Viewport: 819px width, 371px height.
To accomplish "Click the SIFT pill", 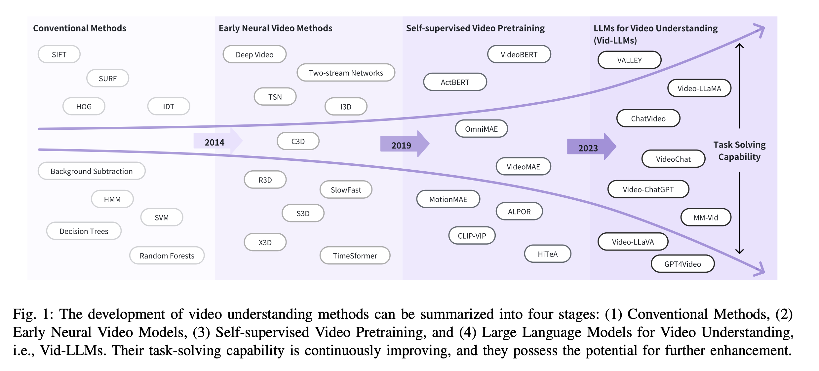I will [59, 54].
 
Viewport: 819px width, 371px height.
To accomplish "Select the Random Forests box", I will [167, 255].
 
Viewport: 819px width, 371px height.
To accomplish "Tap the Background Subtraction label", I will [92, 171].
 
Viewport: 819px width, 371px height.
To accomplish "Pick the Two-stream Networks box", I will [346, 73].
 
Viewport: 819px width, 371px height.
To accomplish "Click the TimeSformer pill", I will [355, 255].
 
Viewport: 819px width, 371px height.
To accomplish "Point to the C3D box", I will [298, 141].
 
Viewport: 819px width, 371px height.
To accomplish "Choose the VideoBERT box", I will [519, 54].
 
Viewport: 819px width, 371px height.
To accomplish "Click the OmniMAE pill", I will [481, 129].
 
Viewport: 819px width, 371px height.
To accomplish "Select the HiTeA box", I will [547, 254].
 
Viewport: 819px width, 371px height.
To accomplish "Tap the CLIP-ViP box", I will [472, 236].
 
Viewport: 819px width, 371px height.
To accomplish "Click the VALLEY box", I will [629, 60].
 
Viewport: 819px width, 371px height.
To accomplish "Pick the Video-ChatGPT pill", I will [648, 189].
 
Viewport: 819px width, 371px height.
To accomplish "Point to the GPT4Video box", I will [682, 264].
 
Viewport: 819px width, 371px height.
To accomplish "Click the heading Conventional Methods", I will [80, 28].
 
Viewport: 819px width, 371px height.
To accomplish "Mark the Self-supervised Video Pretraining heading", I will [475, 28].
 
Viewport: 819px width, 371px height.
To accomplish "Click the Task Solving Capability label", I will [739, 151].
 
